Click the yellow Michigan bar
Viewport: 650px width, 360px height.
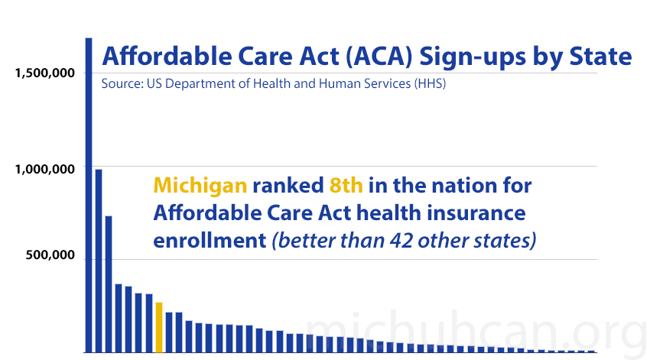(159, 327)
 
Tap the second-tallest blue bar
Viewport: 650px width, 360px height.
(99, 260)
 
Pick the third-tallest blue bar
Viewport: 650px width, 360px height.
(109, 284)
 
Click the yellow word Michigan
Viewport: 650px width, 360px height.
(200, 186)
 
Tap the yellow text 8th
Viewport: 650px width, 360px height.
(349, 186)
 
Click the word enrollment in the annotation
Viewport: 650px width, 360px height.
(208, 240)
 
